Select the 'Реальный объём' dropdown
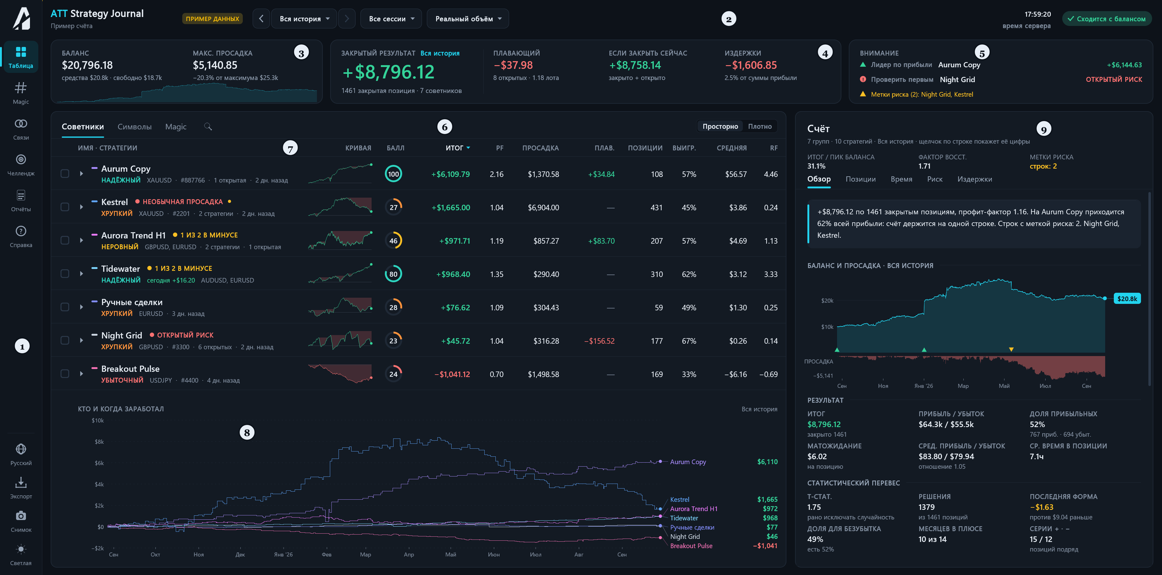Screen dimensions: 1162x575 (x=468, y=19)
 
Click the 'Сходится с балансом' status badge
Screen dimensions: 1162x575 (x=1106, y=19)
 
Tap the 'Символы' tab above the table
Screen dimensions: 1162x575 (x=134, y=127)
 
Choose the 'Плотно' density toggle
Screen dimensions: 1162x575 (x=760, y=126)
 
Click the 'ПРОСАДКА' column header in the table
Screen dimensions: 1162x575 (x=541, y=148)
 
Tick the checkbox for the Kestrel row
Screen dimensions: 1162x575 (x=65, y=207)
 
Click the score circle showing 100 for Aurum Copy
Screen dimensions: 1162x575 (x=393, y=174)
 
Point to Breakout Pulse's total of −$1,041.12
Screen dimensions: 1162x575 (x=452, y=374)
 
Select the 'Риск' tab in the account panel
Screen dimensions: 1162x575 (x=935, y=179)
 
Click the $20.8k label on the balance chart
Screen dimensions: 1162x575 (x=1127, y=299)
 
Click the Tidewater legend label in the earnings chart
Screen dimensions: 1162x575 (x=684, y=518)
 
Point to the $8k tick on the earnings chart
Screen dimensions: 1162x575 (x=99, y=442)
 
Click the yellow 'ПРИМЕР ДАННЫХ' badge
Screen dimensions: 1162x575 (x=213, y=19)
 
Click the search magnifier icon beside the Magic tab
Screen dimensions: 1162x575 (x=208, y=127)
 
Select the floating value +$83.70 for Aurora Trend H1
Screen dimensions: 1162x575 (x=601, y=241)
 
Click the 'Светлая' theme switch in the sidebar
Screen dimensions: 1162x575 (x=21, y=555)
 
